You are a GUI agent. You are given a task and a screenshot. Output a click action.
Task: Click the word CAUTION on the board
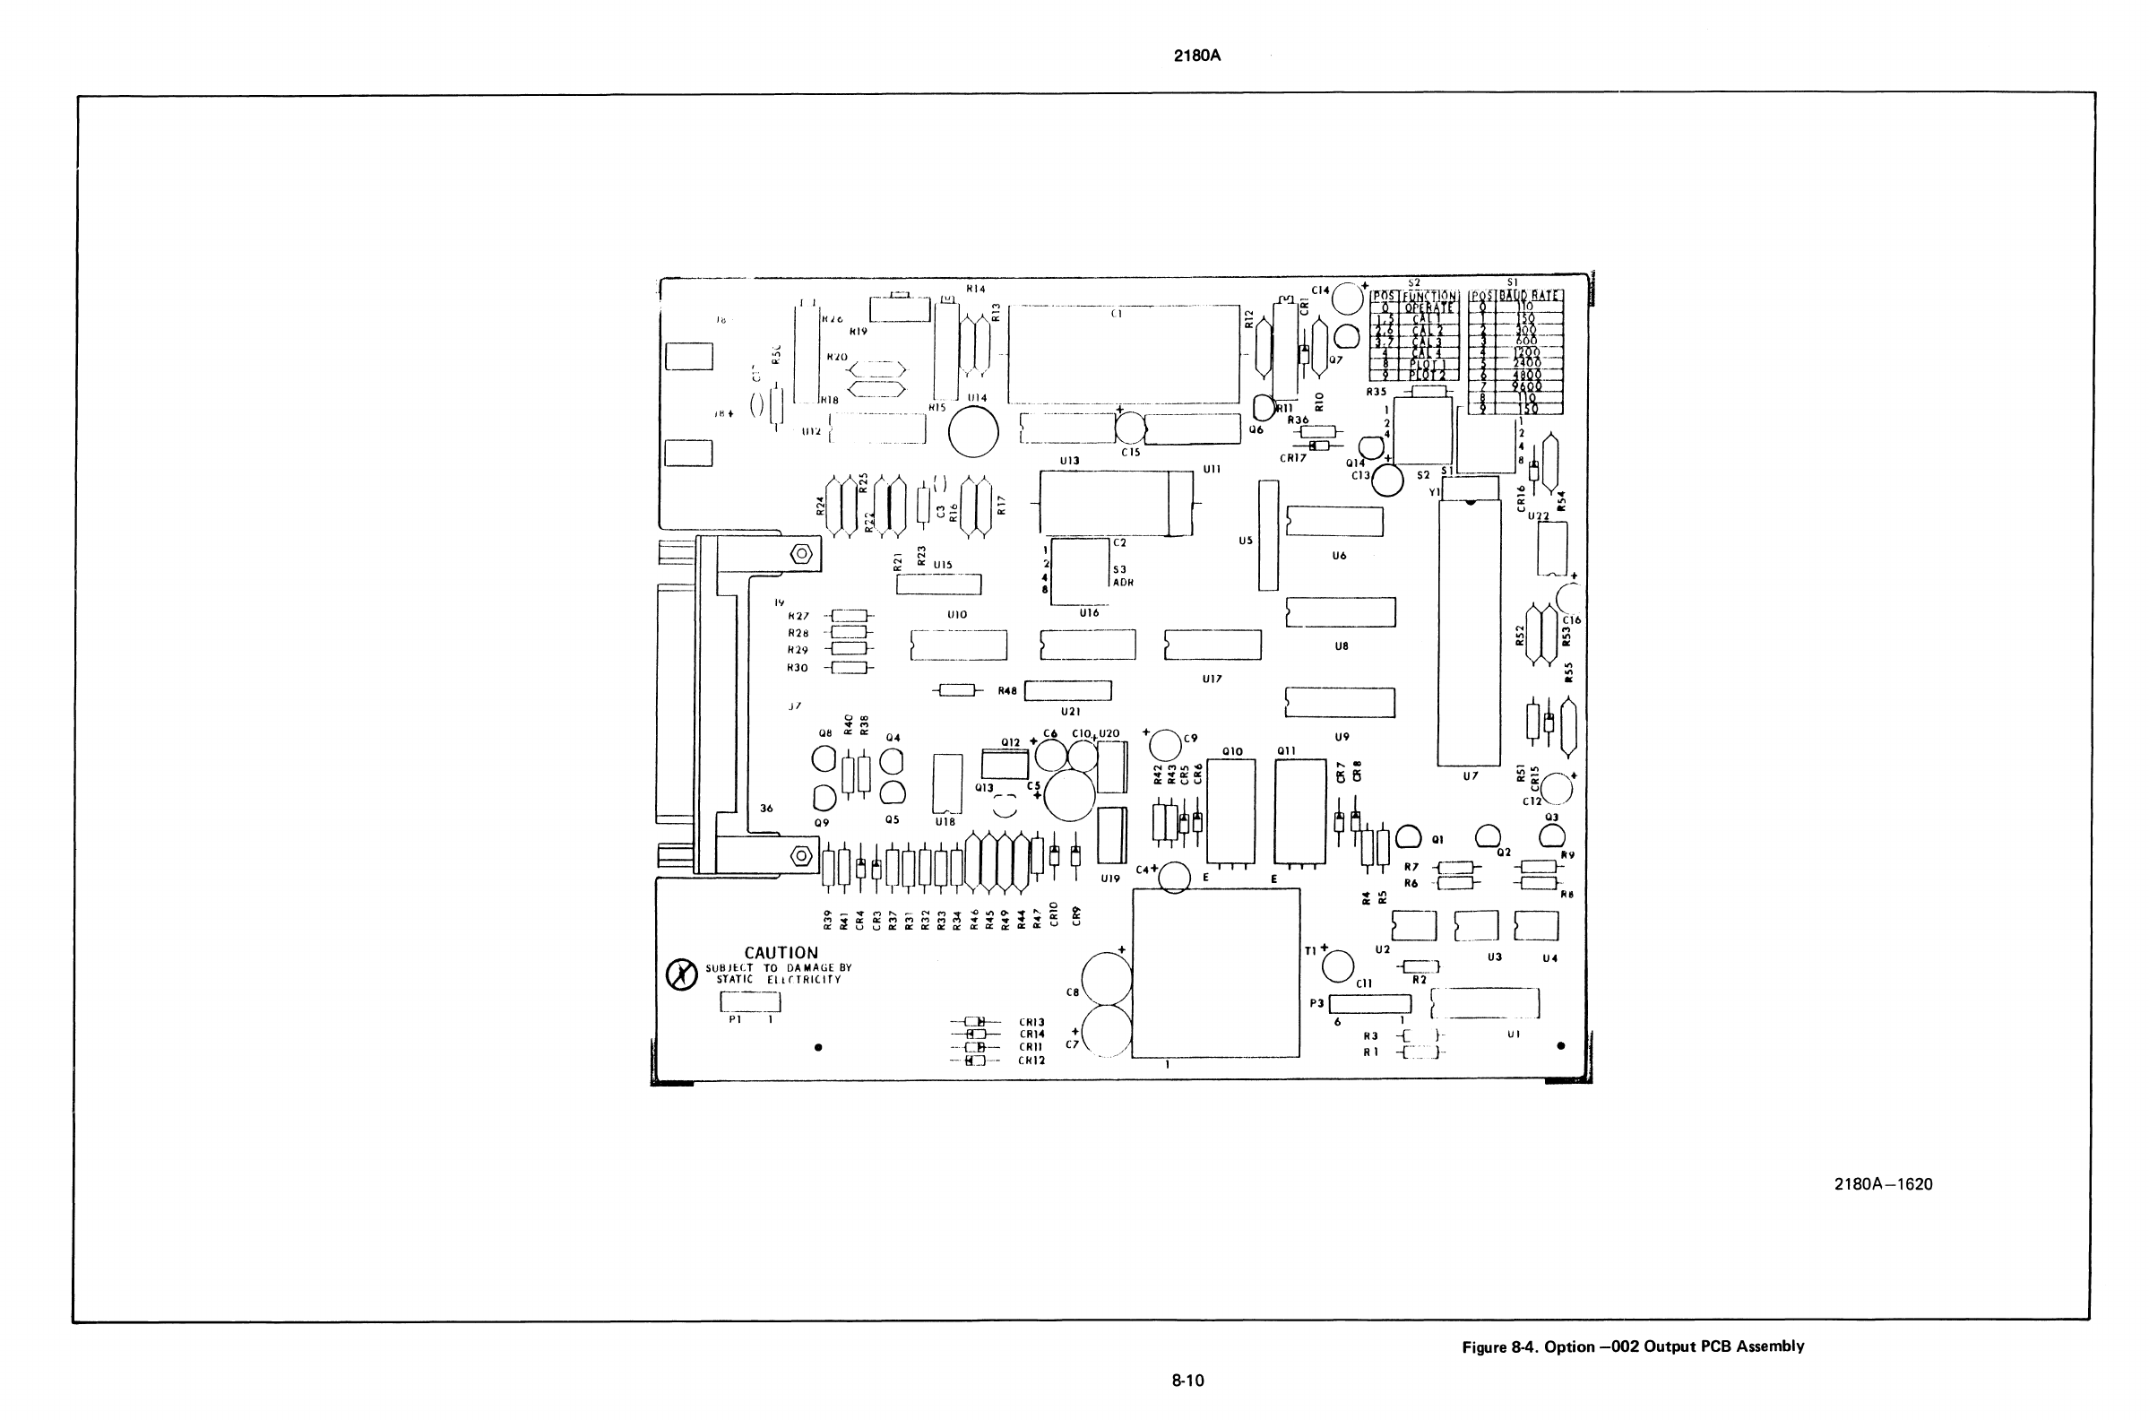tap(781, 953)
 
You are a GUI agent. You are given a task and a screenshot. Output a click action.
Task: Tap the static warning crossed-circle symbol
tap(681, 974)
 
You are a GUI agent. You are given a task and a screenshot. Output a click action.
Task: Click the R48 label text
tap(1007, 691)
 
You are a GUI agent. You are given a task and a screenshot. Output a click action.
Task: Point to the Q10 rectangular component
tap(1231, 811)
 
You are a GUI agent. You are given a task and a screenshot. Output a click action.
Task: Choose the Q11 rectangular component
tap(1300, 811)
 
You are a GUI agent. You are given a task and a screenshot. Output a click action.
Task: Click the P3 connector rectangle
tap(1369, 1004)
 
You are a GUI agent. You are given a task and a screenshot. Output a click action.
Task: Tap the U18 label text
tap(945, 822)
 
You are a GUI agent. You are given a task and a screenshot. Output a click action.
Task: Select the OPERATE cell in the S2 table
tap(1429, 307)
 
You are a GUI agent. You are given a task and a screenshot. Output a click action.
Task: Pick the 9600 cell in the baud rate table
tap(1527, 385)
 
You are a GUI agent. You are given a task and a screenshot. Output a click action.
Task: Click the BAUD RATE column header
tap(1529, 296)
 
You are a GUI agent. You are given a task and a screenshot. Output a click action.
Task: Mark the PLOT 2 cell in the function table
tap(1428, 375)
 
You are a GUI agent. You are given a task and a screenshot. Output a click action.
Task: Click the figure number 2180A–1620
tap(1883, 1184)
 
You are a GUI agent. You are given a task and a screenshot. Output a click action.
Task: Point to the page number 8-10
tap(1187, 1381)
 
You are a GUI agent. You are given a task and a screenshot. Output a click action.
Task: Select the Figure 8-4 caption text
tap(1633, 1346)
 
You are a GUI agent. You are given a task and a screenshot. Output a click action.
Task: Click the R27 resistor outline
tap(849, 616)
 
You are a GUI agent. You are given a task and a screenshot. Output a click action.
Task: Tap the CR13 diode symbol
tap(977, 1023)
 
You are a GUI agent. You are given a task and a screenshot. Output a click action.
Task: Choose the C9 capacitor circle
tap(1165, 746)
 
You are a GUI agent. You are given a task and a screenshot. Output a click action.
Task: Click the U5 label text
tap(1246, 541)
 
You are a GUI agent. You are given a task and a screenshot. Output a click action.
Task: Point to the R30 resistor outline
tap(849, 669)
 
